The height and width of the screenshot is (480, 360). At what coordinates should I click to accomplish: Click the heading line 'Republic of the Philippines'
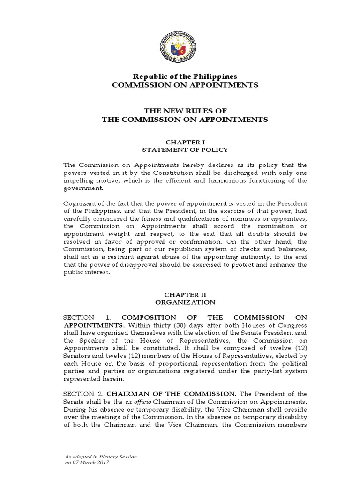click(185, 76)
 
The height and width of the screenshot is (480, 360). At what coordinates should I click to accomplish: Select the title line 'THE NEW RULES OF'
click(185, 111)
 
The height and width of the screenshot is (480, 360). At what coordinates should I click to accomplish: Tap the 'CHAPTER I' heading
click(185, 141)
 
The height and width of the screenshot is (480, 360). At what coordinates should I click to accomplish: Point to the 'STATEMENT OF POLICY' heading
click(185, 150)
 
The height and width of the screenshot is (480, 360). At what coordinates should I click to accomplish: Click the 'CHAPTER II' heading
click(185, 294)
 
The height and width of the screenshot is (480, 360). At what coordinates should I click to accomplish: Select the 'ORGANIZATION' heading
click(185, 302)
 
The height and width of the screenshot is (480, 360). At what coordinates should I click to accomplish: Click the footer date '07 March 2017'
click(90, 463)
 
